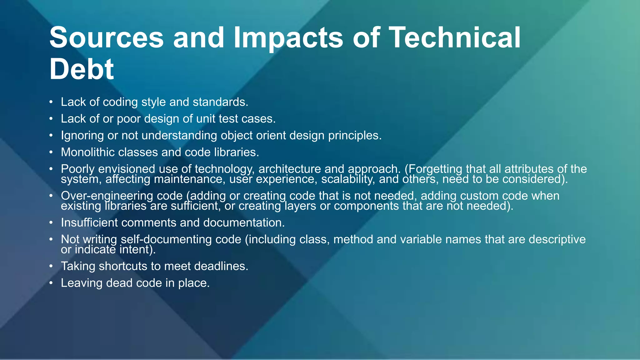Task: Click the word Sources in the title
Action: coord(107,37)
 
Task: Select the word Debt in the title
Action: coord(82,69)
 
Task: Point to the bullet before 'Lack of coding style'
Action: coord(51,102)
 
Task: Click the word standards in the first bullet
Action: coord(220,102)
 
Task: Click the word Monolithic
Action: coord(87,152)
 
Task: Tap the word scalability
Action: coord(348,179)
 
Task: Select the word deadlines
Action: coord(221,266)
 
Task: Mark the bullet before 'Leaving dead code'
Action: coord(51,283)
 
